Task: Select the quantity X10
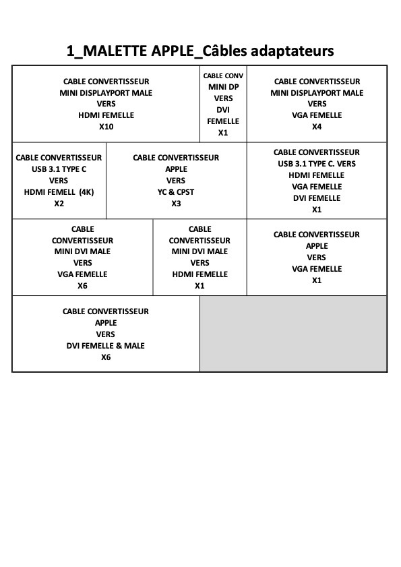pyautogui.click(x=106, y=127)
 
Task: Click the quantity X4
pyautogui.click(x=317, y=127)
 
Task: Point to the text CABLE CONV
pyautogui.click(x=223, y=76)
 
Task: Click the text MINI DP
pyautogui.click(x=224, y=87)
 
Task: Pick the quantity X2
pyautogui.click(x=59, y=204)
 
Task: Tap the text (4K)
pyautogui.click(x=86, y=192)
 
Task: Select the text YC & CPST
pyautogui.click(x=176, y=192)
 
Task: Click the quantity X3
pyautogui.click(x=176, y=204)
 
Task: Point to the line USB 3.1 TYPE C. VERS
pyautogui.click(x=317, y=164)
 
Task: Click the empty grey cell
pyautogui.click(x=293, y=334)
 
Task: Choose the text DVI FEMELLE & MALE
pyautogui.click(x=106, y=346)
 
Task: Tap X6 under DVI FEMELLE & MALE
pyautogui.click(x=106, y=357)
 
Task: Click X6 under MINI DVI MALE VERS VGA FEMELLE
pyautogui.click(x=82, y=286)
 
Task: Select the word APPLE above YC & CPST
pyautogui.click(x=176, y=169)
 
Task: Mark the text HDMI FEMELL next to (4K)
pyautogui.click(x=50, y=192)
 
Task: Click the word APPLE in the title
pyautogui.click(x=173, y=51)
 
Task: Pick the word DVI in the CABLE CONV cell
pyautogui.click(x=223, y=110)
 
